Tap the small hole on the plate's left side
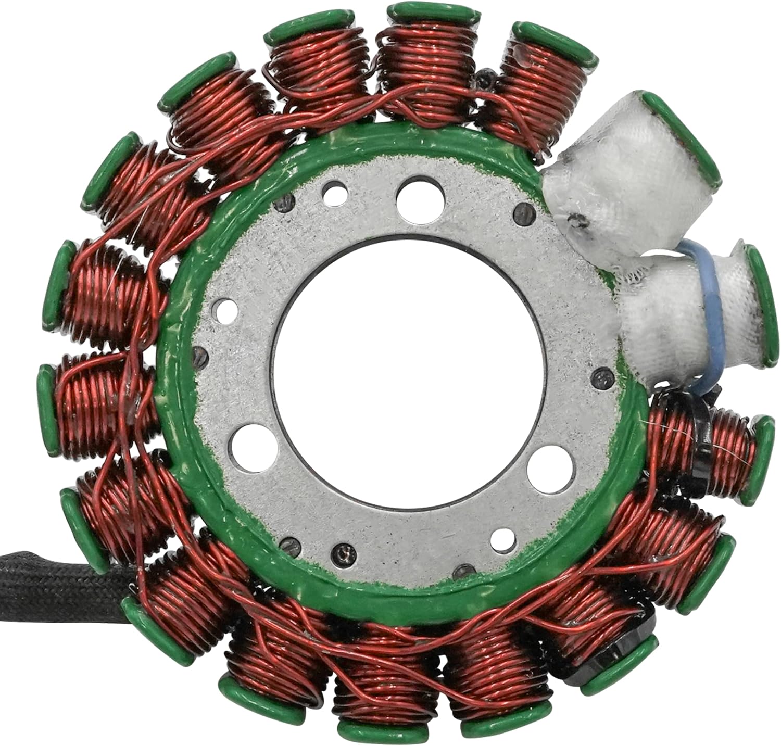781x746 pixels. (224, 307)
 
